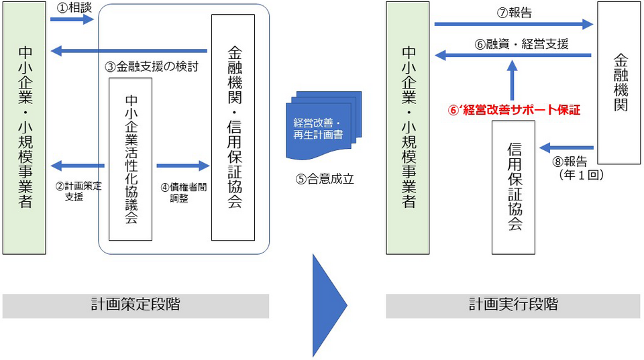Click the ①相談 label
pos(74,7)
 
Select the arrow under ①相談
pos(72,19)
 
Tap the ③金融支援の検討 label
pos(152,66)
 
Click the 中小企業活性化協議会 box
pos(131,160)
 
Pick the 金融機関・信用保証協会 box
pos(233,127)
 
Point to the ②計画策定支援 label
pos(78,191)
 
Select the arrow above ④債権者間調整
pos(183,166)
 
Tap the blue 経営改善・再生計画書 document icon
pos(323,125)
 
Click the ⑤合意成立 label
pos(325,179)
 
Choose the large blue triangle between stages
pos(330,306)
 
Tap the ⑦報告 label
pos(515,13)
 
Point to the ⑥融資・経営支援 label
pos(522,44)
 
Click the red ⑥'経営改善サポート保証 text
pos(514,110)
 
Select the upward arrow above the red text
pos(512,80)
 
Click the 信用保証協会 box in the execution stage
pos(513,187)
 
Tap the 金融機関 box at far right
pos(619,83)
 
